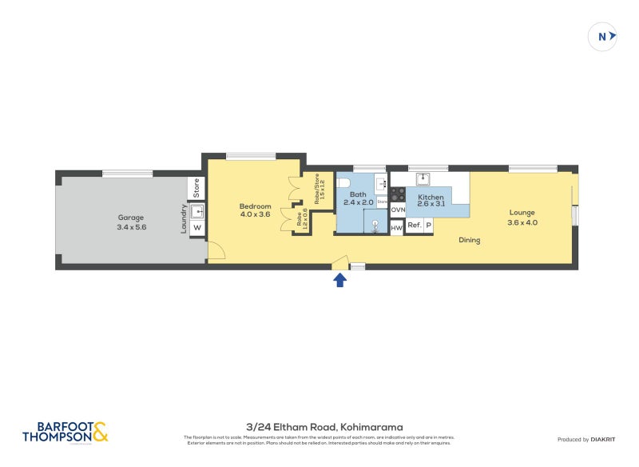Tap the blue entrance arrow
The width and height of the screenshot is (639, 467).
[339, 279]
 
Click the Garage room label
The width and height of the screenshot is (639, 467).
[132, 217]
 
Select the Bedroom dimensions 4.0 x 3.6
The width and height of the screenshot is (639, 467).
[255, 214]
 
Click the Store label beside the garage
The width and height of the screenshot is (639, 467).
[196, 189]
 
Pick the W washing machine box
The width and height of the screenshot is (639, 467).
[196, 228]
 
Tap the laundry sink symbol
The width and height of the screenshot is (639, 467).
[197, 211]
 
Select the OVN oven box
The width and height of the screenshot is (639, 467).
[398, 210]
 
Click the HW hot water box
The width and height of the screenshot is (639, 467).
[396, 228]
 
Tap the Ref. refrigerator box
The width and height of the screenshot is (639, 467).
[414, 226]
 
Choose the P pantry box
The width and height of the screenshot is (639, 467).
[428, 226]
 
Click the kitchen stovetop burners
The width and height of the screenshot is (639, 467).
[398, 192]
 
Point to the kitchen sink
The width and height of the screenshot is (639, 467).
[423, 178]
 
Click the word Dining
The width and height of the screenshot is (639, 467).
[469, 240]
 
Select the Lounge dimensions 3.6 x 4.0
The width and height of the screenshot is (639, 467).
[522, 222]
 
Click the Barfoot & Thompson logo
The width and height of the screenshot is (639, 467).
[65, 433]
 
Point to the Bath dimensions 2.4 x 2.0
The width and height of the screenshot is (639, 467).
[359, 203]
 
